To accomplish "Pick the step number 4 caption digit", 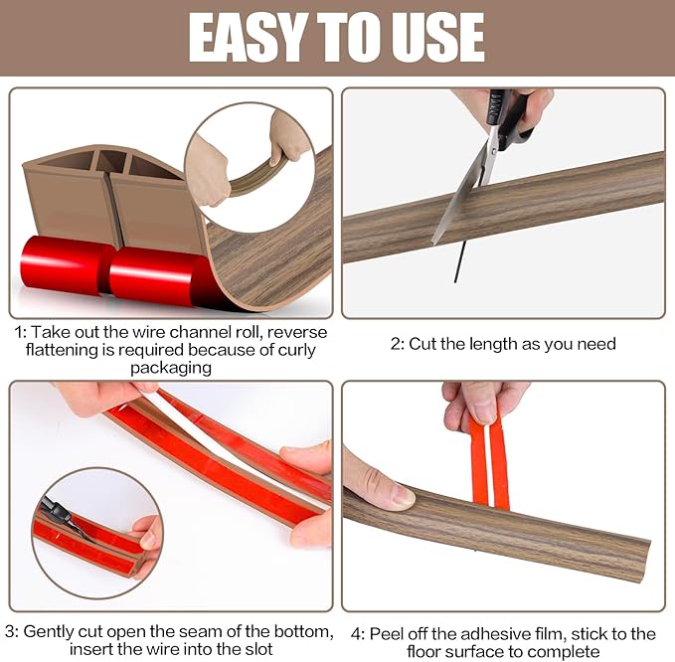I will pyautogui.click(x=356, y=634).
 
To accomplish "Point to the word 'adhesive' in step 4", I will pyautogui.click(x=486, y=634).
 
